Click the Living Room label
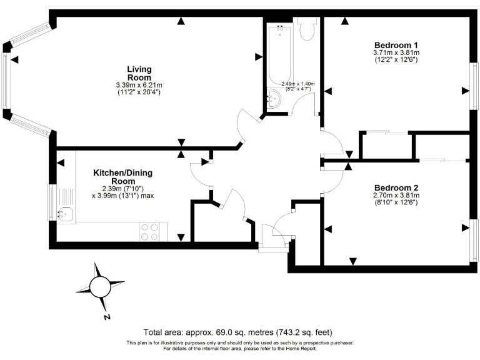[x=139, y=73]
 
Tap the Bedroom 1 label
[x=396, y=45]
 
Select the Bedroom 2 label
[x=396, y=187]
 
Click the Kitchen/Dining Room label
[x=122, y=177]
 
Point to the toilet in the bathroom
[x=307, y=30]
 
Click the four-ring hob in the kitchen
[x=149, y=232]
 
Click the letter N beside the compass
[x=107, y=317]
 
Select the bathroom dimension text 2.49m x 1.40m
[x=298, y=84]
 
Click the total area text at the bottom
[x=241, y=332]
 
